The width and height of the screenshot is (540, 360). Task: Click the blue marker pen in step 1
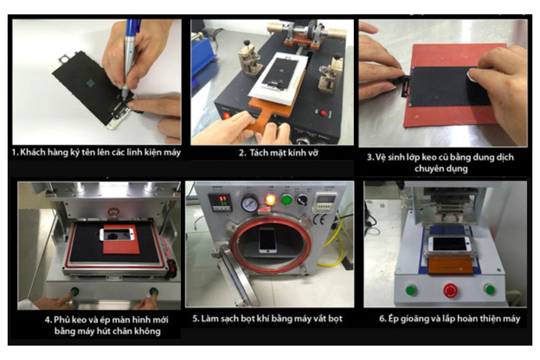point(130,55)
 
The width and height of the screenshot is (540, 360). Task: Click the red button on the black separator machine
point(323,112)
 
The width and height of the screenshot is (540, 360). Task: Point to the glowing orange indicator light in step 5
point(270,200)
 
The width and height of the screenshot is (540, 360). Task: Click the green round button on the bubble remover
point(286,200)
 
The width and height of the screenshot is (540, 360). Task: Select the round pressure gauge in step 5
point(250,203)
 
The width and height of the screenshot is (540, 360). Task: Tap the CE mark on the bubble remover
point(320,220)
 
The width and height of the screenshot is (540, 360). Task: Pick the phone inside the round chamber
point(267,241)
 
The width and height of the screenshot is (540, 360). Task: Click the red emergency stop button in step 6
point(450,291)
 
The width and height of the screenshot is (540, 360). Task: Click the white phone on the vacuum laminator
point(117,234)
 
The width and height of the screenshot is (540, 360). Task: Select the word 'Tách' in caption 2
point(258,153)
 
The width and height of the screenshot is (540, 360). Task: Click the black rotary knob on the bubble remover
point(302,199)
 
